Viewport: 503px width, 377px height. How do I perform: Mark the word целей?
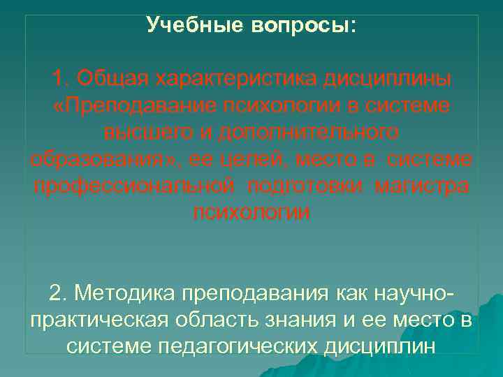(x=236, y=160)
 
